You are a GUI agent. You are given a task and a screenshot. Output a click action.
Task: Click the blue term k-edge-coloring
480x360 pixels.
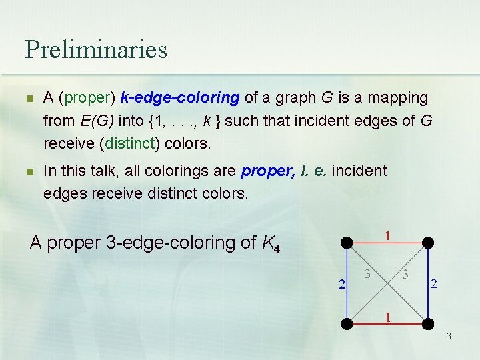tap(180, 98)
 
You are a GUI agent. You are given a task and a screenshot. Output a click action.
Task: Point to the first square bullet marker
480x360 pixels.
tap(28, 99)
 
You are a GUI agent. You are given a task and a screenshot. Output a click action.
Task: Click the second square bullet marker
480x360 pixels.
tap(28, 171)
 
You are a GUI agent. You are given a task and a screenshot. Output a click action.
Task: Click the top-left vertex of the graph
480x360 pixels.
tap(346, 242)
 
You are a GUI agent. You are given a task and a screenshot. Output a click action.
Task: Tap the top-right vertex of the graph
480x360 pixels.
tap(428, 242)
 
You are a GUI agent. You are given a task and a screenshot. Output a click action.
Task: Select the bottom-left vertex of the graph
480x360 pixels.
tap(346, 324)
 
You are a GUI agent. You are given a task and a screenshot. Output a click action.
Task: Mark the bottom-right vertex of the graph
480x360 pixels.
tap(428, 324)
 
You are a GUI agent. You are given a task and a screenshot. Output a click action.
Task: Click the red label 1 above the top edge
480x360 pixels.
tap(387, 235)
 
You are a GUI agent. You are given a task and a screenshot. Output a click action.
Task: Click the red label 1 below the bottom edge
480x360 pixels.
tap(387, 317)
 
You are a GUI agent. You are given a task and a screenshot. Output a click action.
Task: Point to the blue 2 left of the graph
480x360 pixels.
tap(341, 285)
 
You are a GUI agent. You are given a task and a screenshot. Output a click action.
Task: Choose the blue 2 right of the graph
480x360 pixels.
tap(434, 284)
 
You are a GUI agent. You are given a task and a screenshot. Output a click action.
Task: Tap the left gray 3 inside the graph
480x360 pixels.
tap(367, 273)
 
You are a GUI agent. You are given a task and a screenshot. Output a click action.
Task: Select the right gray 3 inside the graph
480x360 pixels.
tap(405, 273)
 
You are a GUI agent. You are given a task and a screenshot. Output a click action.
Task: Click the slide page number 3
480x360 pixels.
tap(449, 336)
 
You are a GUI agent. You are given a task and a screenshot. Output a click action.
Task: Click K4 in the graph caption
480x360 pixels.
tap(269, 243)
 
